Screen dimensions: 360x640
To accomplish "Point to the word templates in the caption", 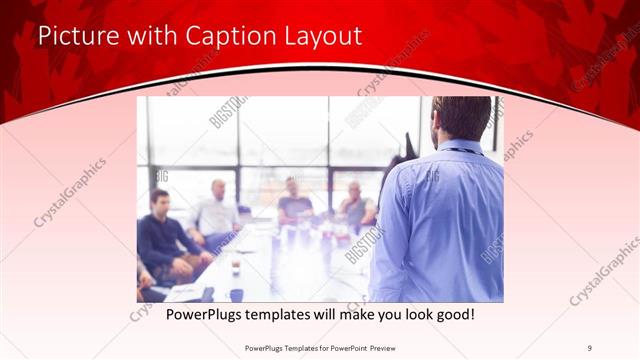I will (x=290, y=314).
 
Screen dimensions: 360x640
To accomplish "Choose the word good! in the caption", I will (x=453, y=314).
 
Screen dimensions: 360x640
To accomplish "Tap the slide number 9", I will (x=591, y=348).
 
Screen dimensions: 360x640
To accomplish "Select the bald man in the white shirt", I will (x=216, y=210).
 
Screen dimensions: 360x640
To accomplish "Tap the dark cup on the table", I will (x=236, y=266).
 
